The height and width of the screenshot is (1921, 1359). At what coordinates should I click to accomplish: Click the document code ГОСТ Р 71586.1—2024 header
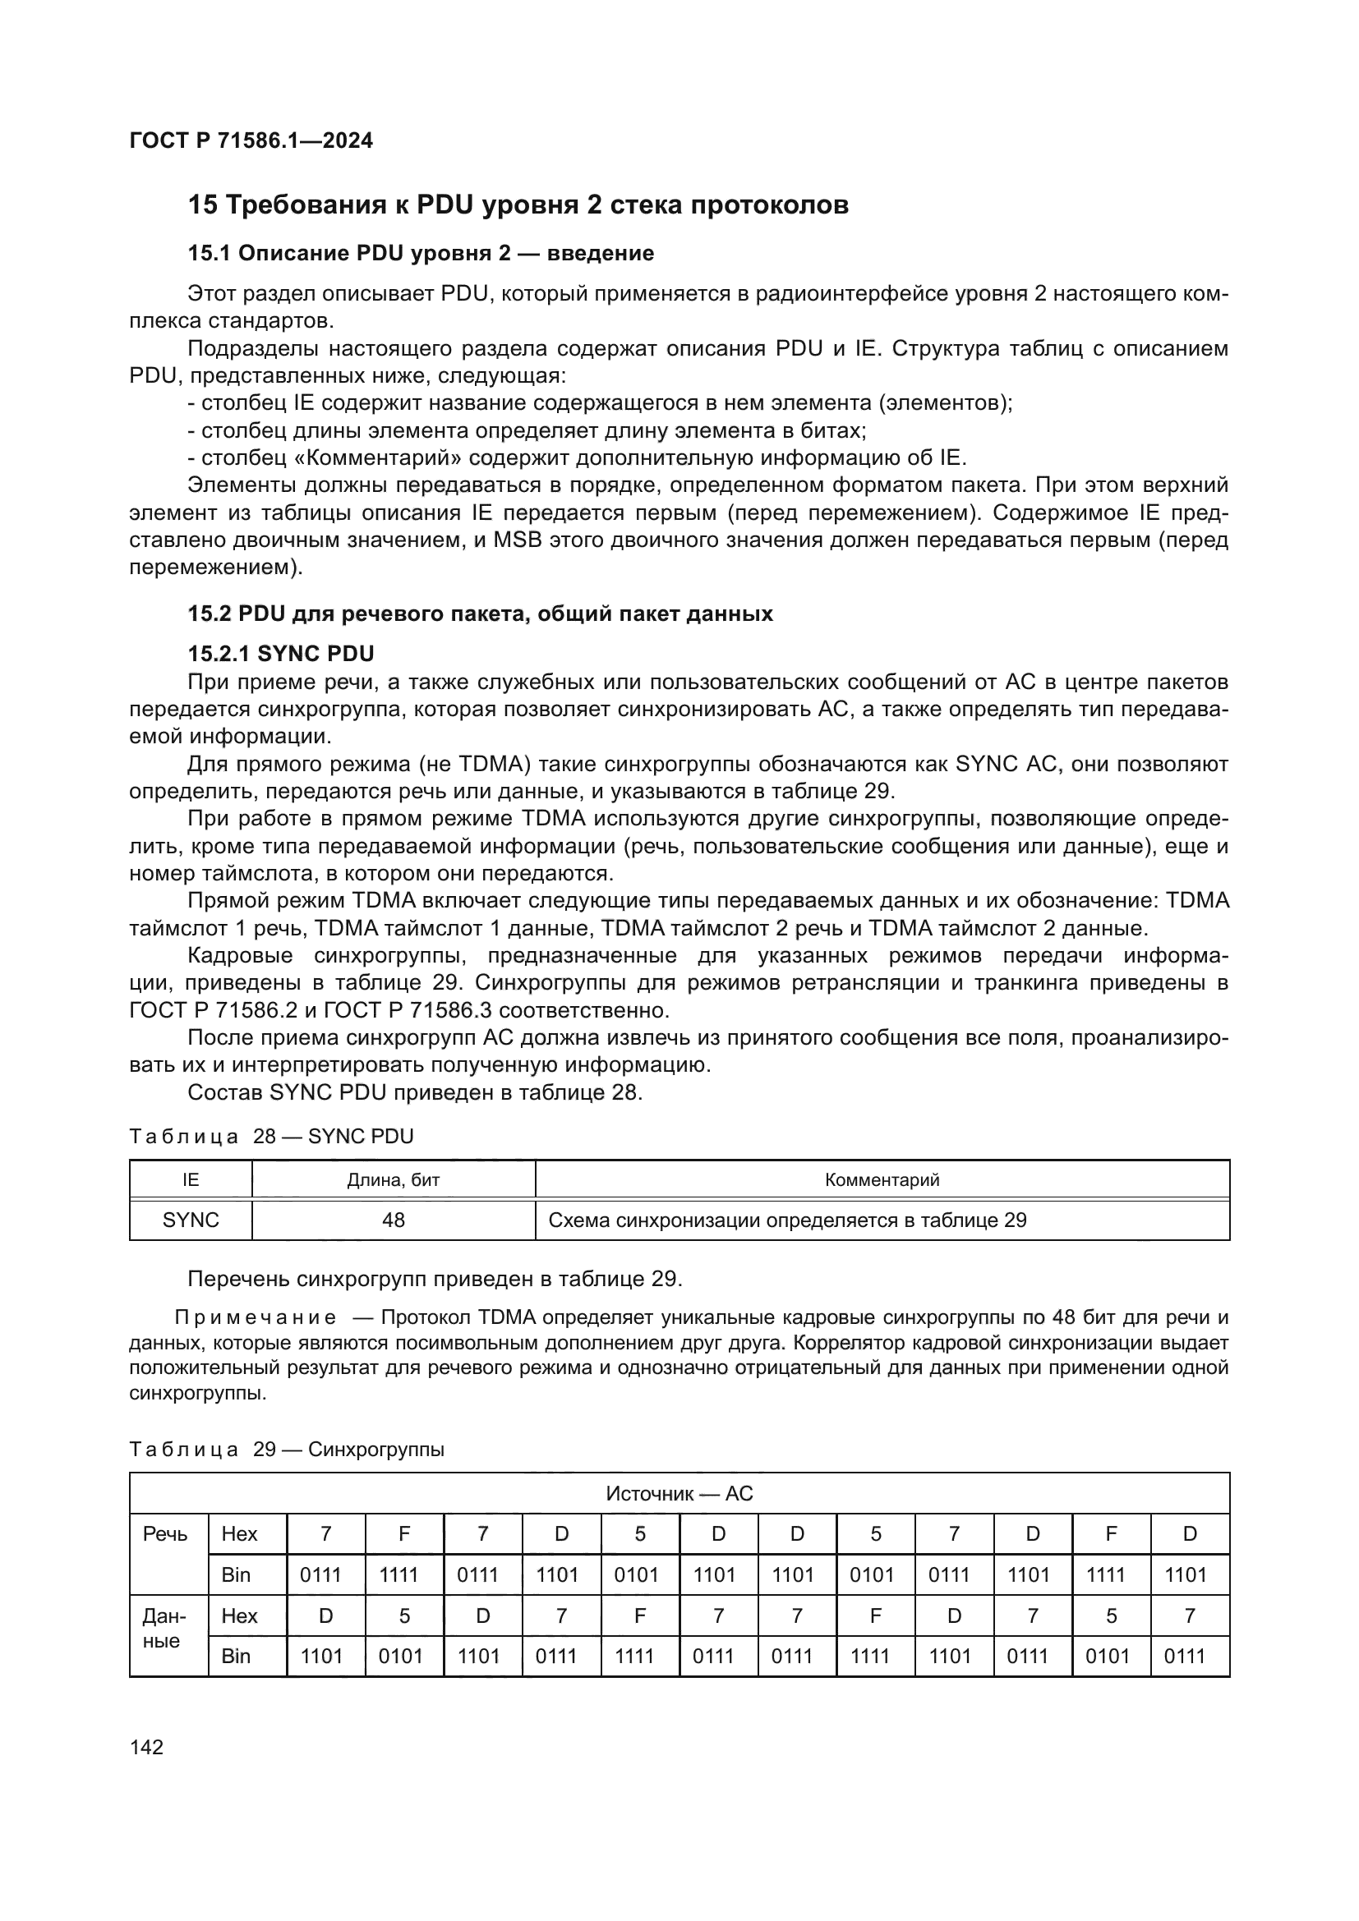pos(251,140)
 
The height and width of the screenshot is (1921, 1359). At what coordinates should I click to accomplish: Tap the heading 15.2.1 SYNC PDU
pos(280,654)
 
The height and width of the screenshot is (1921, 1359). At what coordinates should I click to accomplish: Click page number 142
pos(146,1747)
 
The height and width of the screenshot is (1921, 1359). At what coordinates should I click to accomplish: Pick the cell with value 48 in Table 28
pos(394,1220)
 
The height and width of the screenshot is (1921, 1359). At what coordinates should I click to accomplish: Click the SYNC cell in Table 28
pos(191,1220)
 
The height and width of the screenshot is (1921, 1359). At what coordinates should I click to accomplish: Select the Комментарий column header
pos(882,1179)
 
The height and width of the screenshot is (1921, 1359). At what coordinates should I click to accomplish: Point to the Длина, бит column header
pos(394,1179)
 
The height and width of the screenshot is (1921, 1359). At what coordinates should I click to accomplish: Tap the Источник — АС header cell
pos(679,1493)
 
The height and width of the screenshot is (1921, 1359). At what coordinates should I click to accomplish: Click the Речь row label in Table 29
pos(166,1533)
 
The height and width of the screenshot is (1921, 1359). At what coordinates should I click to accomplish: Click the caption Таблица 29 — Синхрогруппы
pos(286,1449)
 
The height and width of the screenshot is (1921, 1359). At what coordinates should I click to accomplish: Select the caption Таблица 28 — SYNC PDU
pos(271,1136)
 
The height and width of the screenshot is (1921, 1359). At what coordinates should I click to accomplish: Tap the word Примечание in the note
pos(256,1317)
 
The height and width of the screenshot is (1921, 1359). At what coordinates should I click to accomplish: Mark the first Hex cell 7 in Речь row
pos(325,1533)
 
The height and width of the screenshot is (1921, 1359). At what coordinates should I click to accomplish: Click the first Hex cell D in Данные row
pos(325,1615)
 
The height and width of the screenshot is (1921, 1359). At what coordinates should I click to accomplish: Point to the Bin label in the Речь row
pos(236,1574)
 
